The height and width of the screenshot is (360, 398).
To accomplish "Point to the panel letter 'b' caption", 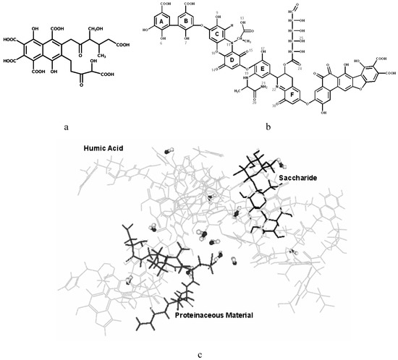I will click(268, 126).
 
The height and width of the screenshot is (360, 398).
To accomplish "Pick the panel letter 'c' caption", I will click(198, 353).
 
